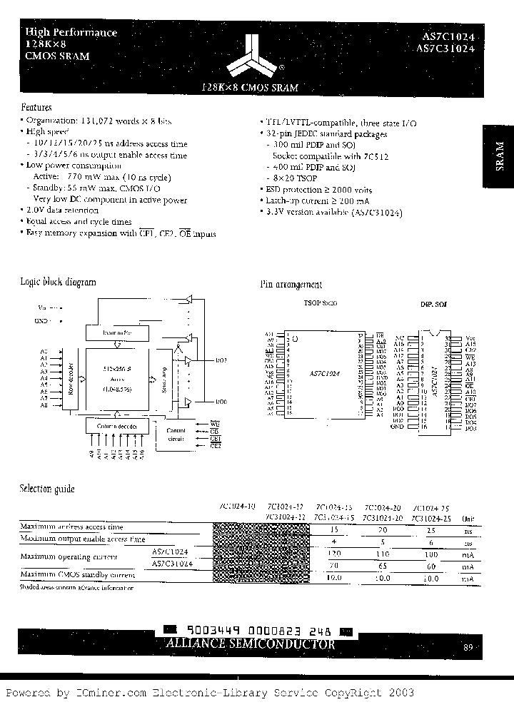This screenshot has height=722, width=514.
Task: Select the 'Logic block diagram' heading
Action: [58, 282]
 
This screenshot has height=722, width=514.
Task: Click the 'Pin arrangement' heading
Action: [291, 285]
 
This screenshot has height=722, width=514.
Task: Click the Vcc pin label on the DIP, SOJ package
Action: [469, 337]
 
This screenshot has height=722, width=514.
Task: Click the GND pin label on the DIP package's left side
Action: [398, 426]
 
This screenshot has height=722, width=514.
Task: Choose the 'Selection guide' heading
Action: [46, 489]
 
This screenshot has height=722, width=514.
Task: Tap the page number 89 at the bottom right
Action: [468, 648]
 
